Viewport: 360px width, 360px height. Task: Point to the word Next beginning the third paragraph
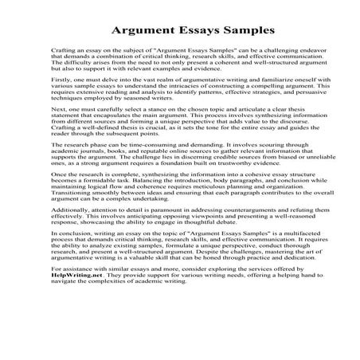click(x=58, y=129)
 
